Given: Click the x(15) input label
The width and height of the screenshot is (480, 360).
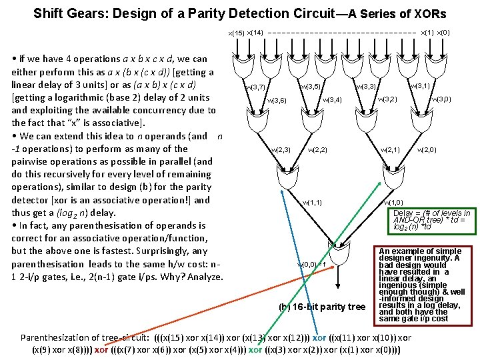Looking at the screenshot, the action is point(236,33).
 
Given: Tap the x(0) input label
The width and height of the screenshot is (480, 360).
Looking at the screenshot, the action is point(444,31).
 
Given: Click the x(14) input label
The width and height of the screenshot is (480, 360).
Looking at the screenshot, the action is point(256,31).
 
